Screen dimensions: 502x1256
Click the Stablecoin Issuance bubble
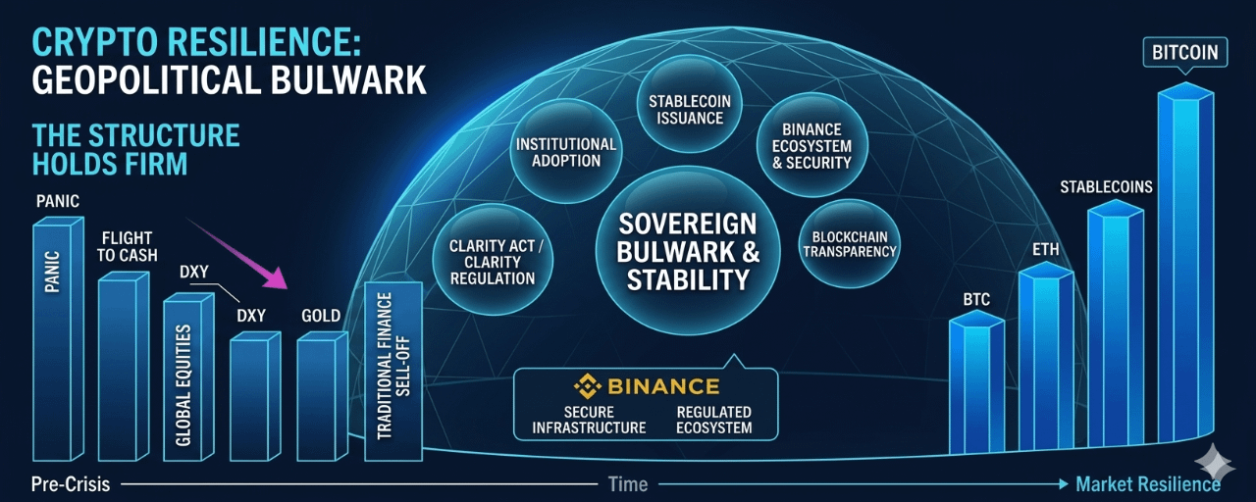coord(697,109)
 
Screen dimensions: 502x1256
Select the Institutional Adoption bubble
coord(565,151)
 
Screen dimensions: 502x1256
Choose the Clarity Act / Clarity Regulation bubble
coord(493,261)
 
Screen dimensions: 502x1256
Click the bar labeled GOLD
coord(320,397)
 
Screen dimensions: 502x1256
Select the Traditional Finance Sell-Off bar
coord(392,373)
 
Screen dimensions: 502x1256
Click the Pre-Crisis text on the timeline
coord(70,484)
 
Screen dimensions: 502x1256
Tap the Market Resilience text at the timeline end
coord(1147,484)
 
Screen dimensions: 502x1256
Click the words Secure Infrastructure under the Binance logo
coord(589,420)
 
